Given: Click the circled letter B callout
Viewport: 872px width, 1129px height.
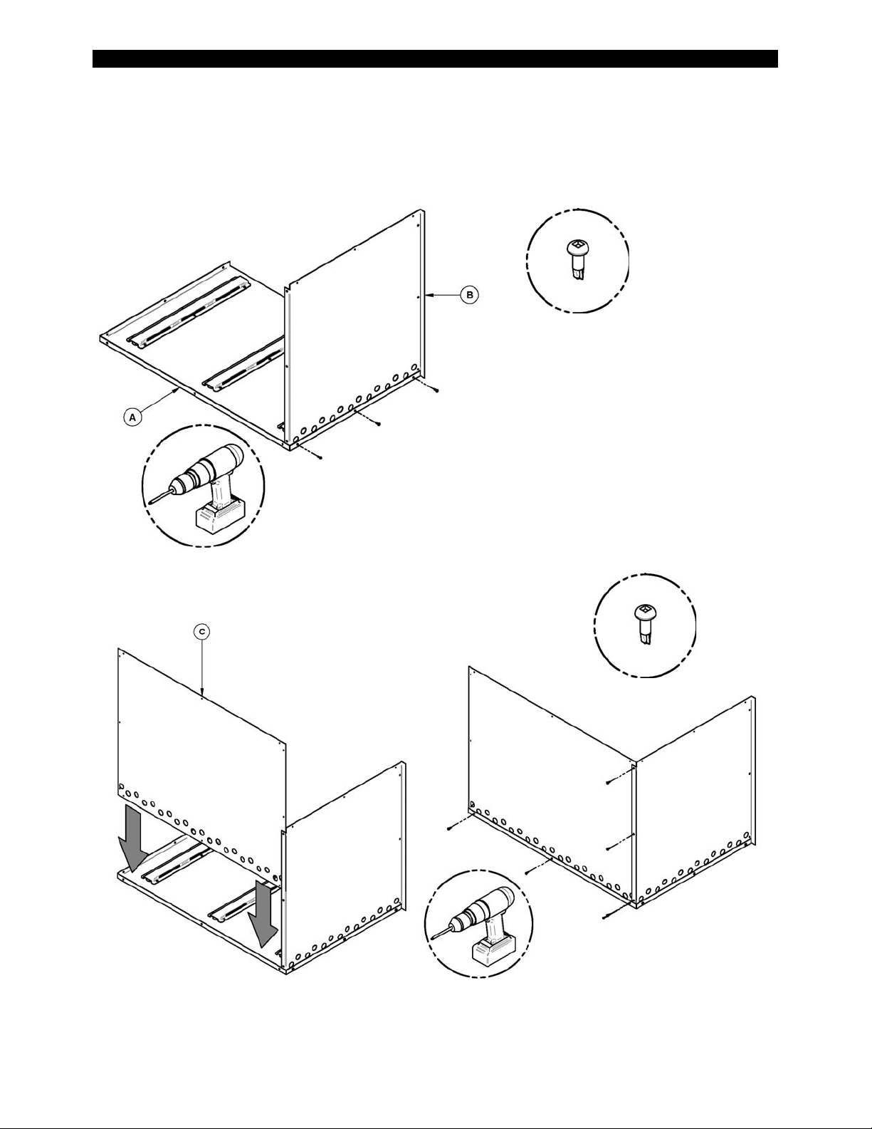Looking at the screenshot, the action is click(x=469, y=294).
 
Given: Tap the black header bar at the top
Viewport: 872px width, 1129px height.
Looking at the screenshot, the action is click(x=435, y=58).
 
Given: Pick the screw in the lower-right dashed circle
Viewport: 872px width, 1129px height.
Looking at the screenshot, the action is click(x=644, y=622).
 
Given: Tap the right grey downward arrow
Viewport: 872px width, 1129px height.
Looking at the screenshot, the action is click(x=261, y=912).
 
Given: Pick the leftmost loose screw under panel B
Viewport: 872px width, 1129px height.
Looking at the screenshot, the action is click(x=321, y=458).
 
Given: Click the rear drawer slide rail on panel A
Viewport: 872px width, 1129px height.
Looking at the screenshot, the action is click(x=189, y=313).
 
